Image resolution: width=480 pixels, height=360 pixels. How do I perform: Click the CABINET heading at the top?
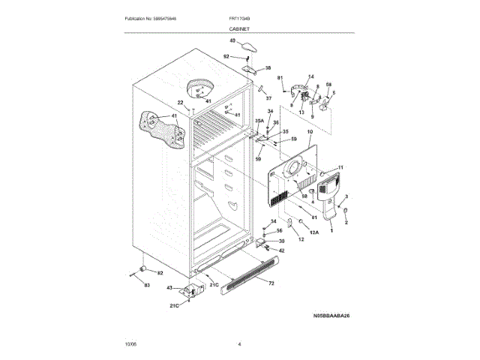coord(240,28)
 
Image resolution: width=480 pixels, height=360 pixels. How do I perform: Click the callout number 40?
coord(232,40)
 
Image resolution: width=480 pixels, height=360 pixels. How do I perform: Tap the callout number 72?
coord(271,283)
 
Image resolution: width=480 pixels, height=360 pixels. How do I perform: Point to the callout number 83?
coord(147,286)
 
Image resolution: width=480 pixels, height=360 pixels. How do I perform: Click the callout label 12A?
coord(314,233)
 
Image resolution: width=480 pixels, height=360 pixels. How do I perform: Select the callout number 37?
coord(268,98)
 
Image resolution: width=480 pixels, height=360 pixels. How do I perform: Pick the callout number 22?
coord(180,102)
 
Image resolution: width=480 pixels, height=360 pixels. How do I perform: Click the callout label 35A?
coord(259,120)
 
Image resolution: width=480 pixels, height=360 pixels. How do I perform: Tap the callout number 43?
coord(169,288)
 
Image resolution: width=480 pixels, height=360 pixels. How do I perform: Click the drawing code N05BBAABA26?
coord(331,316)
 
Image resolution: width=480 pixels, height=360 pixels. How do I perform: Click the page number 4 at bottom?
coord(239,344)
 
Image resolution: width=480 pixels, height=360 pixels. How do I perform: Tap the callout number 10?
coord(310,132)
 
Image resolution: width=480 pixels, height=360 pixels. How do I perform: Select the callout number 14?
coord(311,76)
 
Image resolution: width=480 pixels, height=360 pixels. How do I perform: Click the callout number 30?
coord(282,241)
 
